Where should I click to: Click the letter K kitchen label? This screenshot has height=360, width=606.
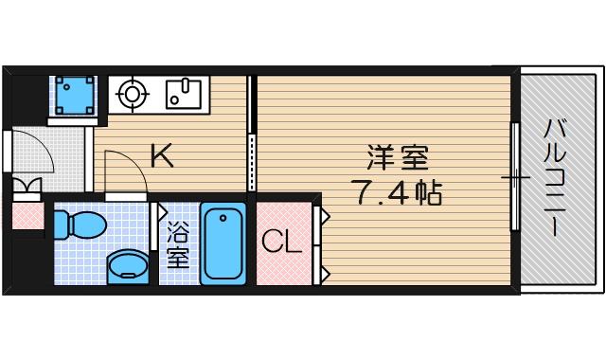[162, 155]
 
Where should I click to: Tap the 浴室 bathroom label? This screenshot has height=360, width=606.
[177, 244]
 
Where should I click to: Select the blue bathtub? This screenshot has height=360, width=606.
[223, 243]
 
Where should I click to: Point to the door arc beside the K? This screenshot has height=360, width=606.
[128, 175]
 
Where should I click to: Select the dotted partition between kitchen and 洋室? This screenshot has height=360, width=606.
[251, 161]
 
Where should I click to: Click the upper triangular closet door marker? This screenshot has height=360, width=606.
[323, 217]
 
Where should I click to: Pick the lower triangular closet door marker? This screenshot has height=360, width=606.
[323, 274]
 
